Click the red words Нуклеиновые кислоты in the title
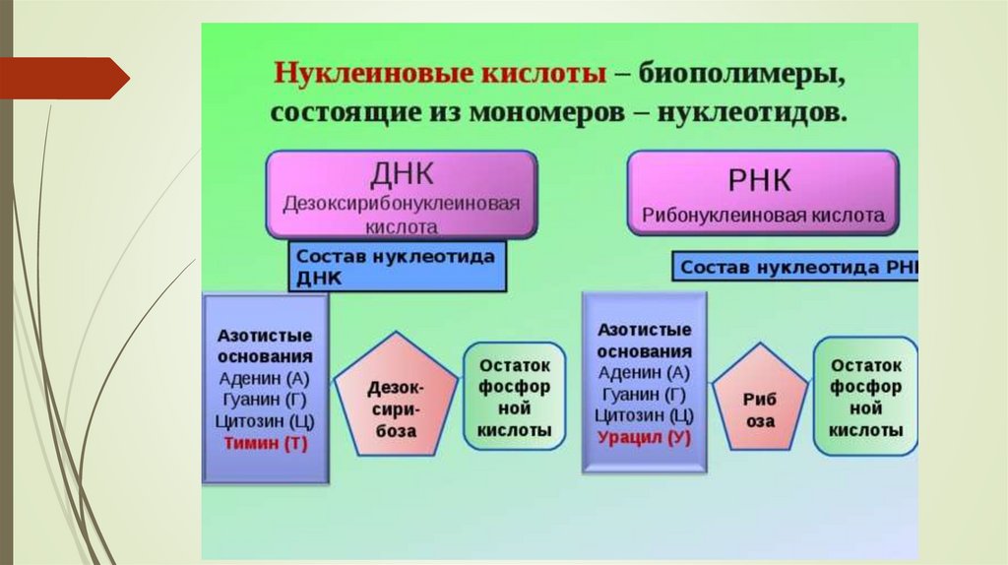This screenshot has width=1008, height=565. click(439, 75)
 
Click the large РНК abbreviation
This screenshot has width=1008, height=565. click(762, 182)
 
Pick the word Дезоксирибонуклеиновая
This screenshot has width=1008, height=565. click(402, 205)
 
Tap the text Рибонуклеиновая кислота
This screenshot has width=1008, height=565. click(763, 215)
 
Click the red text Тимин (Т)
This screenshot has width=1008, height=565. click(265, 443)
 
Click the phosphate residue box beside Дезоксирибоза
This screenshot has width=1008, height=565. click(514, 397)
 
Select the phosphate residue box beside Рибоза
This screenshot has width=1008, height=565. click(865, 397)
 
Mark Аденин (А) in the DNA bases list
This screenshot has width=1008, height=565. click(265, 378)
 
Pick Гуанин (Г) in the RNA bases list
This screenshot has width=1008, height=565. click(644, 394)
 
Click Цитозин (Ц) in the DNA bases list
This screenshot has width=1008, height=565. click(265, 421)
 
